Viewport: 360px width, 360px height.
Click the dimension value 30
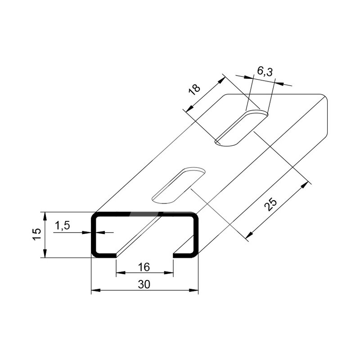(x=144, y=284)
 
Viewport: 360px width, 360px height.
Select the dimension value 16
(x=144, y=267)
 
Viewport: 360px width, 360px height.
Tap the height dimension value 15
(x=37, y=234)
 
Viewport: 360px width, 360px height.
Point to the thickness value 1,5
(x=62, y=226)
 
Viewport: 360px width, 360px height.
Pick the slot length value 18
(x=194, y=90)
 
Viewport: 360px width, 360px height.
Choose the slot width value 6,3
(x=265, y=72)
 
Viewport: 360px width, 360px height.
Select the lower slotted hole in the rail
(x=179, y=185)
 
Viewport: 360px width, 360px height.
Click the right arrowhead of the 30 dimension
(x=193, y=290)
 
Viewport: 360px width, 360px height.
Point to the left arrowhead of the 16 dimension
(x=121, y=273)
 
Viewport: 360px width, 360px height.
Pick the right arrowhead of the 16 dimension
(x=168, y=273)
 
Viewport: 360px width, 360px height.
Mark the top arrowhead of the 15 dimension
(x=45, y=216)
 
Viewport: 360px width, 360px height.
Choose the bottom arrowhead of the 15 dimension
(x=45, y=253)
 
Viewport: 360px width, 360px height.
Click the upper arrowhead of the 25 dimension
(x=305, y=185)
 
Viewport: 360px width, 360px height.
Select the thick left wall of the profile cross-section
(x=94, y=235)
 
